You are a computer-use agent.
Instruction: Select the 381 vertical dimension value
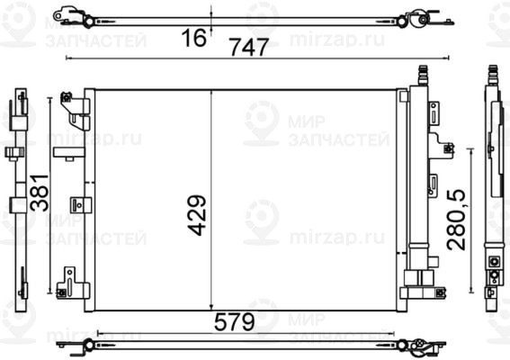click(x=38, y=191)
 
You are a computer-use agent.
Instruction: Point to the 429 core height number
click(x=198, y=213)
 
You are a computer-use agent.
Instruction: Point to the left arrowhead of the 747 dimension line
click(x=70, y=59)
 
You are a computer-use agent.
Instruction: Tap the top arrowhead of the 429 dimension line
click(x=211, y=92)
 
